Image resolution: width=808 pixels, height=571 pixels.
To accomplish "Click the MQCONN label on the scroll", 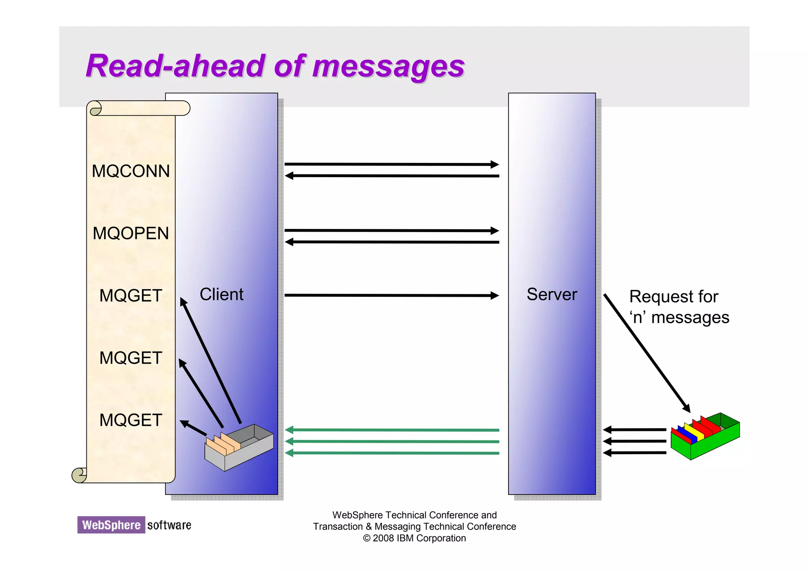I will click(131, 171).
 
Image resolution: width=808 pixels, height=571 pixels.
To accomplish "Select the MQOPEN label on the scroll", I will click(131, 233).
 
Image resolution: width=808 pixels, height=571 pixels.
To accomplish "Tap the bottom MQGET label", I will click(131, 420).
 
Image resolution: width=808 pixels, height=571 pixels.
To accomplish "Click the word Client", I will click(221, 294).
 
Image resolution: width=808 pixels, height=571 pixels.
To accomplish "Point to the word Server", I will click(552, 294).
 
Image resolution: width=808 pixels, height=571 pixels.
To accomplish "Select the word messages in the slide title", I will click(389, 66).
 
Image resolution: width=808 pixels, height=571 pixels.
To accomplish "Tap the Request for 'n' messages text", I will click(679, 307).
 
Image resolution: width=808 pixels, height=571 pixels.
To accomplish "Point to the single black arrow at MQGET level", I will click(391, 295).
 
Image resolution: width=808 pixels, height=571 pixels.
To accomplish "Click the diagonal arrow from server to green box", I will click(647, 353).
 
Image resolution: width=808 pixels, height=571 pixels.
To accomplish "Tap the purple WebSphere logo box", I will click(111, 525).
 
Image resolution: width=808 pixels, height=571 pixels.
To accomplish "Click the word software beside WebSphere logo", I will click(169, 525).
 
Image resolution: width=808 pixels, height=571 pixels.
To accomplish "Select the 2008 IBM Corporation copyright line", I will click(414, 538).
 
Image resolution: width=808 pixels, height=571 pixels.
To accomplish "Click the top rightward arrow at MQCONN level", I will click(391, 164).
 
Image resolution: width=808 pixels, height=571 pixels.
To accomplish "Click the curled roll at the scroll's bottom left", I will click(79, 475).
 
